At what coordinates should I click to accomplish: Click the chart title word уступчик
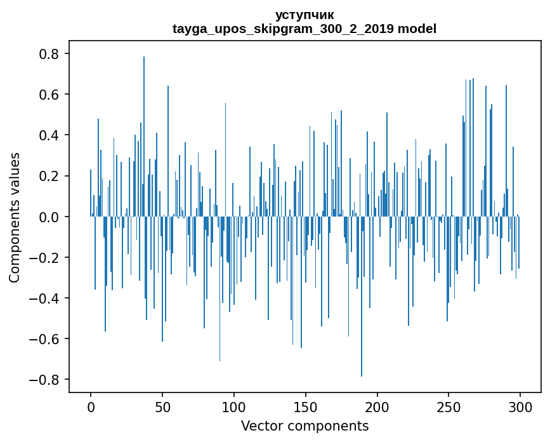coord(304,15)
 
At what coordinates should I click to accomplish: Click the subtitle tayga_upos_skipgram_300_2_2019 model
coord(304,29)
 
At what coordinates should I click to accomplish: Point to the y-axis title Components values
coord(14,217)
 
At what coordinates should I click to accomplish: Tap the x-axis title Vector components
coord(304,425)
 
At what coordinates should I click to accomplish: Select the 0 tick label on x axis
coord(91,406)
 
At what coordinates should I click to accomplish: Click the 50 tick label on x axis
coord(162,406)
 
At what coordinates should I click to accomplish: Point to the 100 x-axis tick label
coord(234,406)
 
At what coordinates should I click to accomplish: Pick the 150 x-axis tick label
coord(306,406)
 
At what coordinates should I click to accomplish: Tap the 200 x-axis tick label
coord(377,406)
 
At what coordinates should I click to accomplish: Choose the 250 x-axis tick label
coord(449,406)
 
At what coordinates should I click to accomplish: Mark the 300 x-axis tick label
coord(521,406)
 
